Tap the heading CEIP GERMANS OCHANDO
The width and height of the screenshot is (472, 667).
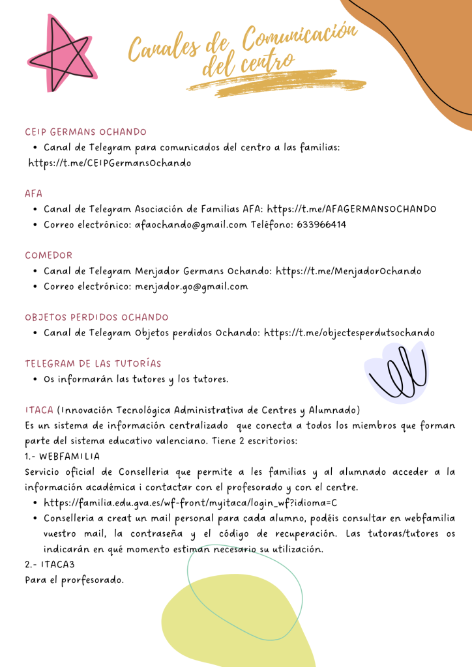pyautogui.click(x=85, y=132)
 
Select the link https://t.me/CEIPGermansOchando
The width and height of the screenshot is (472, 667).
pyautogui.click(x=110, y=163)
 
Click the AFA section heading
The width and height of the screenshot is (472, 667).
pyautogui.click(x=33, y=193)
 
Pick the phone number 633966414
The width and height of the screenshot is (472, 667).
pyautogui.click(x=321, y=225)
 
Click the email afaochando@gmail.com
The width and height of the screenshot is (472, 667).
pyautogui.click(x=191, y=225)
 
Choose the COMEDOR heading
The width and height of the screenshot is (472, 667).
pyautogui.click(x=49, y=255)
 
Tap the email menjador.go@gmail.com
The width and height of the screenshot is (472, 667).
pyautogui.click(x=192, y=286)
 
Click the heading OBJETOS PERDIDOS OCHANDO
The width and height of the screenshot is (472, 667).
pyautogui.click(x=96, y=317)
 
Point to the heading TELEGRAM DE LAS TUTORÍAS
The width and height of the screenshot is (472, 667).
pyautogui.click(x=93, y=363)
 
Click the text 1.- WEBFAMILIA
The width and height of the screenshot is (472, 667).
pyautogui.click(x=63, y=456)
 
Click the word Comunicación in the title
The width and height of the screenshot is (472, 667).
pyautogui.click(x=301, y=39)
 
